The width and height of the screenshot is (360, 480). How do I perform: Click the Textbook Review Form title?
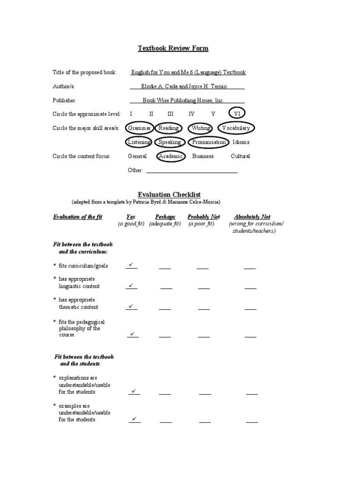pyautogui.click(x=173, y=48)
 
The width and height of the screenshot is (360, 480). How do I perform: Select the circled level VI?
pyautogui.click(x=237, y=114)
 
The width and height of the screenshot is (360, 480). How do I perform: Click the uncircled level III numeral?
pyautogui.click(x=170, y=114)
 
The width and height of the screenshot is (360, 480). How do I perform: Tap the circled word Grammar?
pyautogui.click(x=139, y=128)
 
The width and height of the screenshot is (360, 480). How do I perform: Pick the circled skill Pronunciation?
pyautogui.click(x=209, y=142)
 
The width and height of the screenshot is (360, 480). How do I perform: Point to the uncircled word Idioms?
pyautogui.click(x=241, y=142)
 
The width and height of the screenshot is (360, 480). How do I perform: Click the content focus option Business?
pyautogui.click(x=203, y=156)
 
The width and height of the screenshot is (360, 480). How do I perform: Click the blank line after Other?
pyautogui.click(x=192, y=171)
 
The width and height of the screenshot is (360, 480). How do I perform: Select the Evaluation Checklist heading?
pyautogui.click(x=169, y=194)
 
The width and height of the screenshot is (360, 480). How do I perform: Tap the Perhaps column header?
pyautogui.click(x=165, y=217)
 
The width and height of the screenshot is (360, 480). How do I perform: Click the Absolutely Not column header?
pyautogui.click(x=252, y=217)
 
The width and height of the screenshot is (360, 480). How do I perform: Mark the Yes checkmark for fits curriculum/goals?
pyautogui.click(x=131, y=265)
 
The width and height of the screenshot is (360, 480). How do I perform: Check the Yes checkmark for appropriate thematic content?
pyautogui.click(x=131, y=307)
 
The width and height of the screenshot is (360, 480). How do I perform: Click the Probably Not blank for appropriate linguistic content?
pyautogui.click(x=204, y=287)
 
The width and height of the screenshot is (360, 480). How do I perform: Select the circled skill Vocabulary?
pyautogui.click(x=236, y=128)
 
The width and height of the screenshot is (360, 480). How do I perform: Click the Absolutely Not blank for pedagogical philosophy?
pyautogui.click(x=250, y=336)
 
